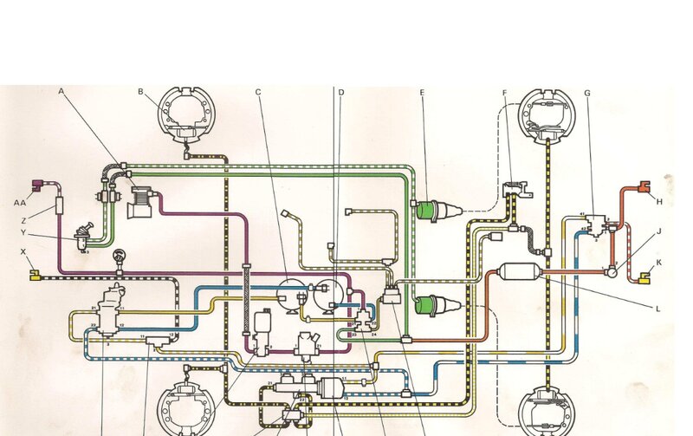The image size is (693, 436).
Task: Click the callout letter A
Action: [62, 91]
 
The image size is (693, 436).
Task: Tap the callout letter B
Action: [140, 92]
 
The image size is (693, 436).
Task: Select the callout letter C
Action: [258, 92]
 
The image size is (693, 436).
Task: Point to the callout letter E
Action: [422, 92]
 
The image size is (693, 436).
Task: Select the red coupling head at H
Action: [642, 185]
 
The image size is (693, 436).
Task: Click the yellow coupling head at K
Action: [645, 278]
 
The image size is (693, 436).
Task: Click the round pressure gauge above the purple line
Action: [119, 257]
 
